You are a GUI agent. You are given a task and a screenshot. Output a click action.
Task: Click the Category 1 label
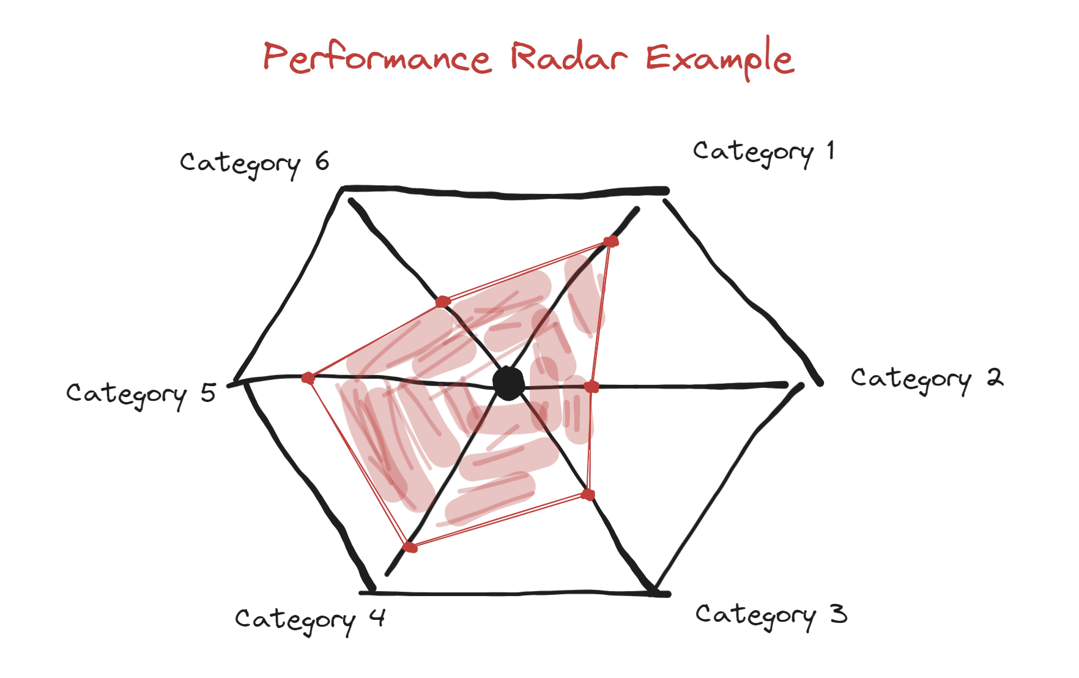763,152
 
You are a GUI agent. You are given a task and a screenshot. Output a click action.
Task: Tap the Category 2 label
926,379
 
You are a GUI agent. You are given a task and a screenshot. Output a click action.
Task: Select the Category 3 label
771,615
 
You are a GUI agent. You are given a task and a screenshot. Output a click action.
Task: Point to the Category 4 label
310,620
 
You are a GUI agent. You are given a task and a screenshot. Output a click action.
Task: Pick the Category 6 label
254,163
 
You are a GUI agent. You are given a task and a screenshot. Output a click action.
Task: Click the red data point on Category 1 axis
610,241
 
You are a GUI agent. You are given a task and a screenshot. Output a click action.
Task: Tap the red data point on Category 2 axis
591,387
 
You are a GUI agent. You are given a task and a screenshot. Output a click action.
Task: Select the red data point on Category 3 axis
588,494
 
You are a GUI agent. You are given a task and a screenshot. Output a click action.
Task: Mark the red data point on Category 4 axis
410,546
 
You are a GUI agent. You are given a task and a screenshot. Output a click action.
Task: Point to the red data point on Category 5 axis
308,378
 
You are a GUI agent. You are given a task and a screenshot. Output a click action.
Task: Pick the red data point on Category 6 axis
443,302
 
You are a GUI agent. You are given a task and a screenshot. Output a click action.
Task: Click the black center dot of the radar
508,384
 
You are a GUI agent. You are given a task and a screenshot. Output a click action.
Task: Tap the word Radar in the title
569,58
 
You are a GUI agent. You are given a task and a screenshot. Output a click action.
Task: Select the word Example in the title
719,59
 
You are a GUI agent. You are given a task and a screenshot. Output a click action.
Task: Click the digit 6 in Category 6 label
322,161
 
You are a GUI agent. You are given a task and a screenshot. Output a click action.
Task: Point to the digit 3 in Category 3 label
839,613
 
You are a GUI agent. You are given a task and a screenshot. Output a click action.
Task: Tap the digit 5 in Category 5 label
209,392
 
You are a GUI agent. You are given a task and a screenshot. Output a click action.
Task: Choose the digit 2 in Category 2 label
995,377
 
